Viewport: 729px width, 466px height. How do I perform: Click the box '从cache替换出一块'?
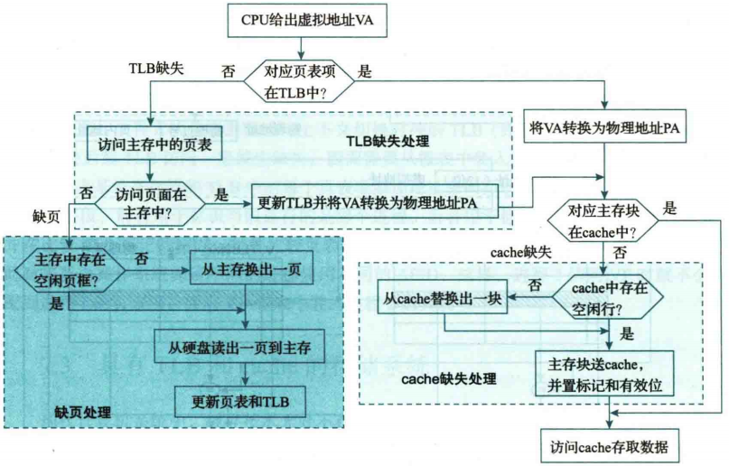[443, 299]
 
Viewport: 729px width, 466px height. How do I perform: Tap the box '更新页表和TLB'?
[238, 400]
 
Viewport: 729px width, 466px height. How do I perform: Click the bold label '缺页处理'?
[83, 413]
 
